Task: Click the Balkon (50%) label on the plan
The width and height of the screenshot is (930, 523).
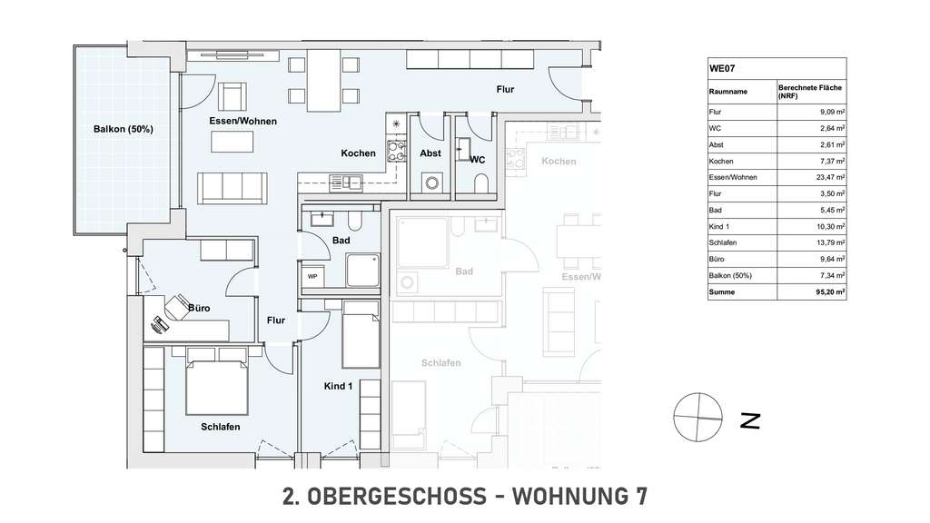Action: [123, 129]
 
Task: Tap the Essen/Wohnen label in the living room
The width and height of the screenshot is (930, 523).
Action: [242, 121]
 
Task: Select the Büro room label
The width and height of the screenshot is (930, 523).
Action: [198, 308]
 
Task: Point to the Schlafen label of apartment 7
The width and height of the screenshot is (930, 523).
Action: [221, 426]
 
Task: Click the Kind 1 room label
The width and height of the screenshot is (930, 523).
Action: [337, 386]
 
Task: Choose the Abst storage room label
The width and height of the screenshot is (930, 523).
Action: [430, 153]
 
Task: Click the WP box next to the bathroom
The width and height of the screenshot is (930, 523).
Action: [312, 275]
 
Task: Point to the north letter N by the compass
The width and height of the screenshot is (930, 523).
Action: [750, 420]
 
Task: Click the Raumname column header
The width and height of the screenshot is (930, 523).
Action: [728, 92]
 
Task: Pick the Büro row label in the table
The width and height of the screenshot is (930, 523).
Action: [717, 259]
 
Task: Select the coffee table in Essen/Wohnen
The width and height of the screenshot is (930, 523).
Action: [233, 142]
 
